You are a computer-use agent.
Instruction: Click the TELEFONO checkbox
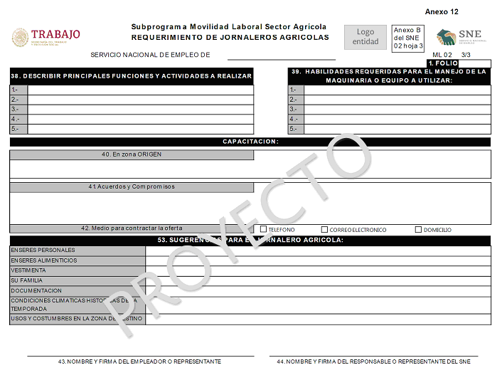point(263,230)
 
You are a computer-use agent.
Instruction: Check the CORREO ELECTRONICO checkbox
point(324,230)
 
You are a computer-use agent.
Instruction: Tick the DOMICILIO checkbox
point(418,230)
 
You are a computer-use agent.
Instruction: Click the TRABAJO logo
point(46,37)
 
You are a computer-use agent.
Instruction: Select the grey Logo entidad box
point(365,37)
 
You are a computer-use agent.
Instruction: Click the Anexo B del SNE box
point(408,38)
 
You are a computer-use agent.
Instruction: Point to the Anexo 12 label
point(442,12)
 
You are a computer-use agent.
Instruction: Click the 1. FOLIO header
point(442,63)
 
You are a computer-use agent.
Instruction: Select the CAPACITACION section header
point(250,142)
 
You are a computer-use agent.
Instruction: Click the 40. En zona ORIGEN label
point(132,154)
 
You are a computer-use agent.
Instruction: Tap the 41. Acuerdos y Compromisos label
point(132,187)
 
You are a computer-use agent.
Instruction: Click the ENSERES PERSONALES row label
point(43,250)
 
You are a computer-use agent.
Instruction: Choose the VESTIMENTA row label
point(28,270)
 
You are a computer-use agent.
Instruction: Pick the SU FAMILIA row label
point(26,280)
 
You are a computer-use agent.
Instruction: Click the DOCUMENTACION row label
point(36,290)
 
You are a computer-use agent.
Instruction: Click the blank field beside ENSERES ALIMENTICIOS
point(318,260)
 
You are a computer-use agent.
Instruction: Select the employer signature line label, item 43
point(139,361)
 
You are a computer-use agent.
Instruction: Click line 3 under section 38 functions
point(140,110)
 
